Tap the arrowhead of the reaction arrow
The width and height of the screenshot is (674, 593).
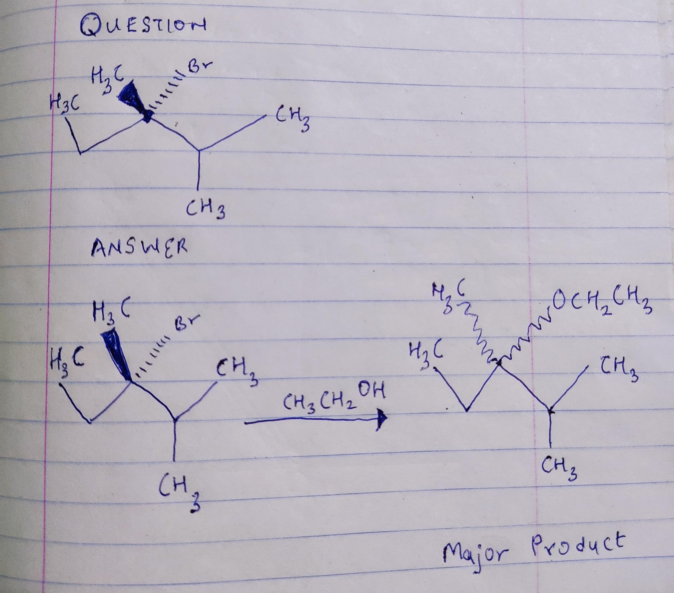[381, 420]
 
